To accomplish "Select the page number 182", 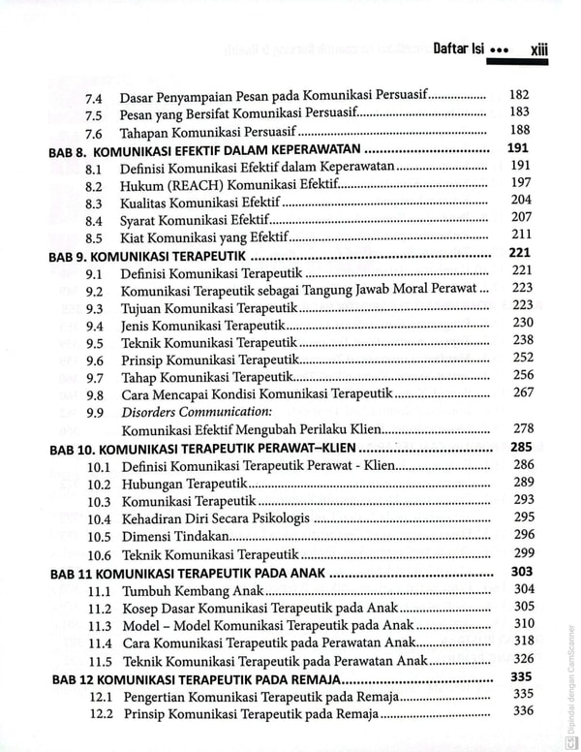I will pos(520,95).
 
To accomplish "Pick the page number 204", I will pos(521,200).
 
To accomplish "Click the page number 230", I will pos(523,323).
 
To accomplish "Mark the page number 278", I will pos(523,428).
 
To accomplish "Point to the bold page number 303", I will pos(522,571).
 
